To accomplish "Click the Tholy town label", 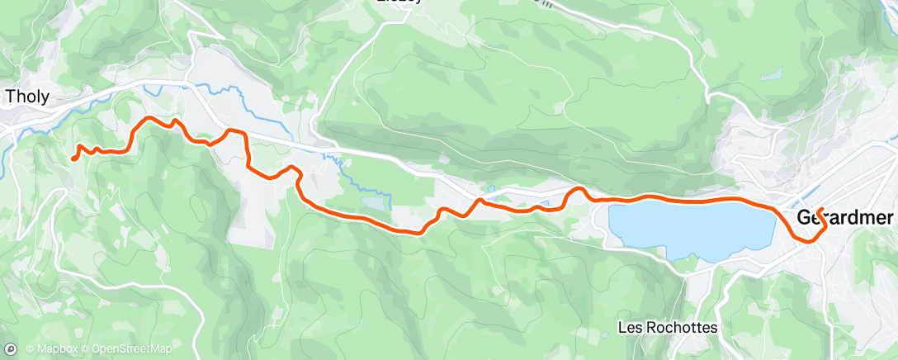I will pos(27,97).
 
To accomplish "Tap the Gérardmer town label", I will pos(846,218).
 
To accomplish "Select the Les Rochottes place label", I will pos(668,328).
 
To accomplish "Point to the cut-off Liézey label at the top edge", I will pos(399,2).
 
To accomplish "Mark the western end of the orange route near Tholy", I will pos(73,157).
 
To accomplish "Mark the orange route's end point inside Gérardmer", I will pos(824,209).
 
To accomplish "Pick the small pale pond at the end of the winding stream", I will pos(373,201).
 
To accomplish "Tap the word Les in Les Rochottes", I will pos(629,328).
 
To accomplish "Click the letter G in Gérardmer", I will pos(805,218).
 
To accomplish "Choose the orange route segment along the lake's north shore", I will pos(693,199).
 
